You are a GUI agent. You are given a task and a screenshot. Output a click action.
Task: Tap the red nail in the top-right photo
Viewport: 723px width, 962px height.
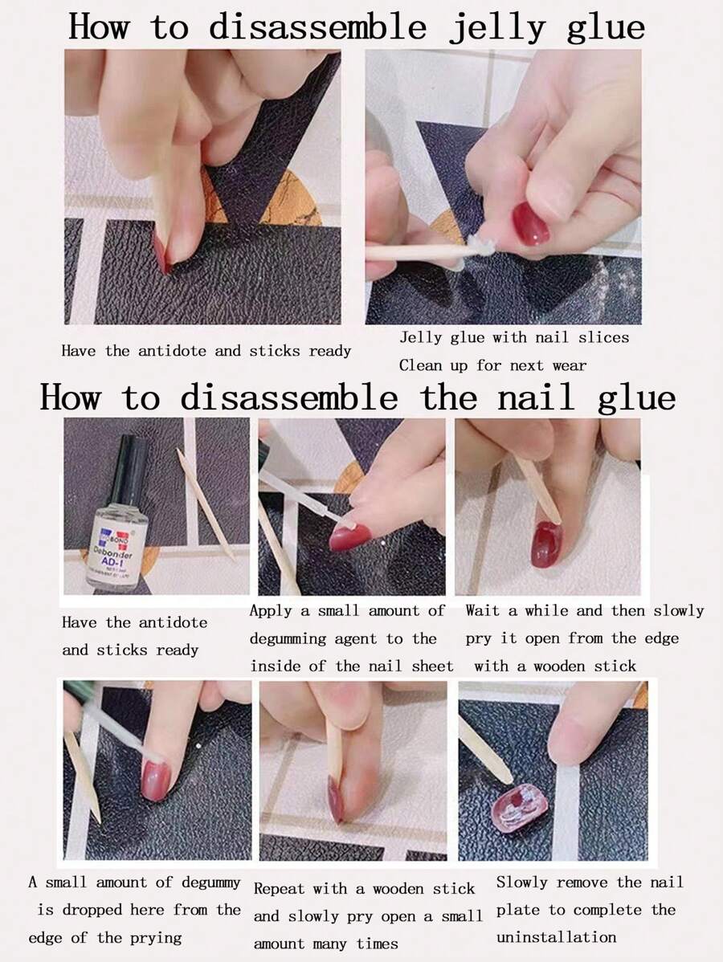point(530,223)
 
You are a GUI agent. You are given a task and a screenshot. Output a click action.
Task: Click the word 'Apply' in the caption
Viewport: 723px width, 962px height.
point(271,610)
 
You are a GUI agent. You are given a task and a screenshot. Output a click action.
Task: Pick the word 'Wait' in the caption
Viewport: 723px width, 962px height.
point(484,610)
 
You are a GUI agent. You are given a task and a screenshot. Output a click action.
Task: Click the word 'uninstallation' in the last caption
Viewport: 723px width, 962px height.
point(556,936)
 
